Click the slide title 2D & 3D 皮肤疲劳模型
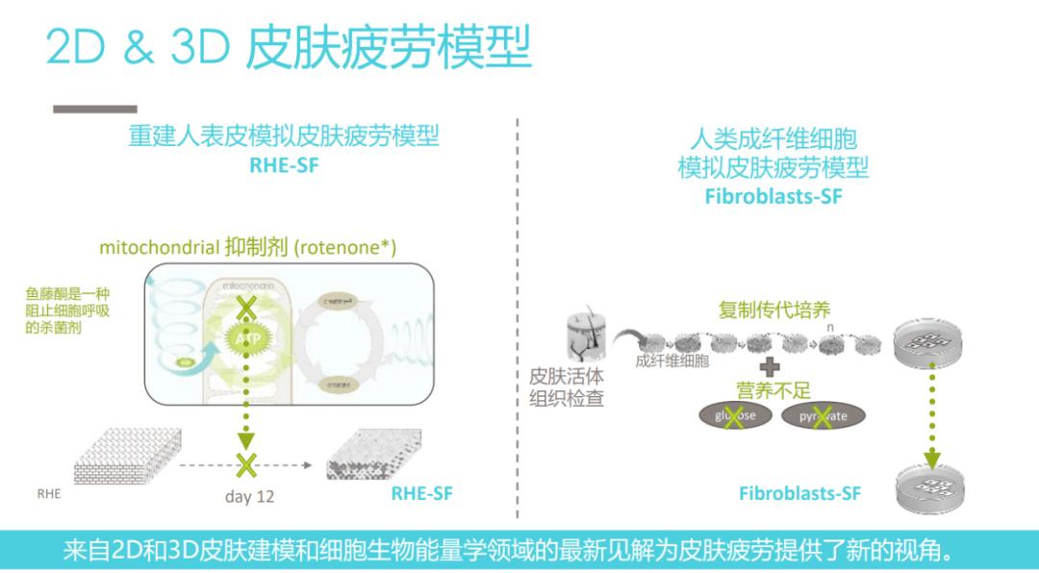[x=289, y=48]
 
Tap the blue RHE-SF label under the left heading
[x=284, y=164]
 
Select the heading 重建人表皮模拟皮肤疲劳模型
[x=284, y=136]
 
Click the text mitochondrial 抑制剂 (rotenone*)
[x=247, y=247]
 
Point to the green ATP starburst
[x=247, y=338]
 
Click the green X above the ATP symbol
[x=247, y=308]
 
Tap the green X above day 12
[x=247, y=465]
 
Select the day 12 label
[x=249, y=496]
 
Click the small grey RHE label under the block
[x=49, y=493]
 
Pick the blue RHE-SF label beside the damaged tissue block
[x=421, y=494]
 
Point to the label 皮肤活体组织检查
[x=567, y=386]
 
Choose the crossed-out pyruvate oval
[x=823, y=416]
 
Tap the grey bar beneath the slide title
[x=94, y=109]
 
